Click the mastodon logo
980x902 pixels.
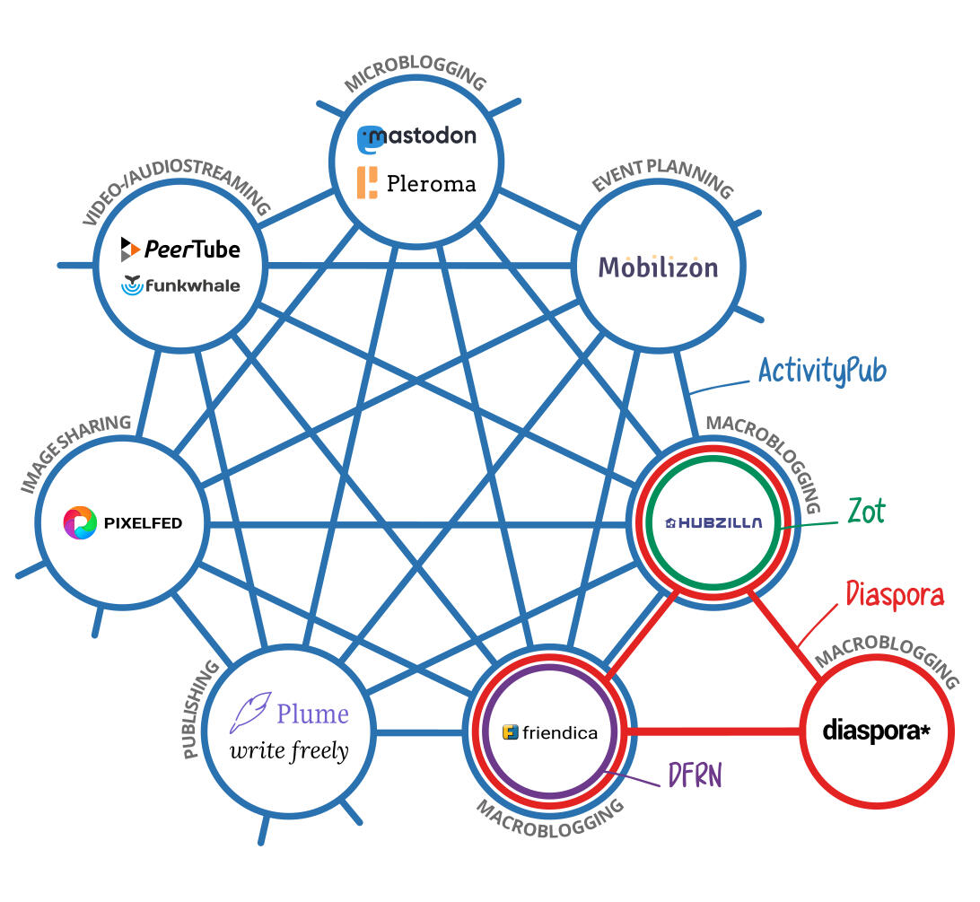click(416, 138)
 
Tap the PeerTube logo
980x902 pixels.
click(181, 248)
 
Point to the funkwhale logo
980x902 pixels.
click(181, 285)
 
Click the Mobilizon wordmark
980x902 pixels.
click(658, 267)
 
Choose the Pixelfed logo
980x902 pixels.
click(122, 522)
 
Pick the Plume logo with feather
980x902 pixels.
click(290, 713)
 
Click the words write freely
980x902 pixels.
click(289, 751)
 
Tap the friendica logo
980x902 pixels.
click(550, 732)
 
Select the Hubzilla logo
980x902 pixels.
click(714, 523)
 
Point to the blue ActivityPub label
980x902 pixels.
click(822, 370)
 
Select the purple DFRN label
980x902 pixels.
click(695, 774)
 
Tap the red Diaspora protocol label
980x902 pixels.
click(895, 594)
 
